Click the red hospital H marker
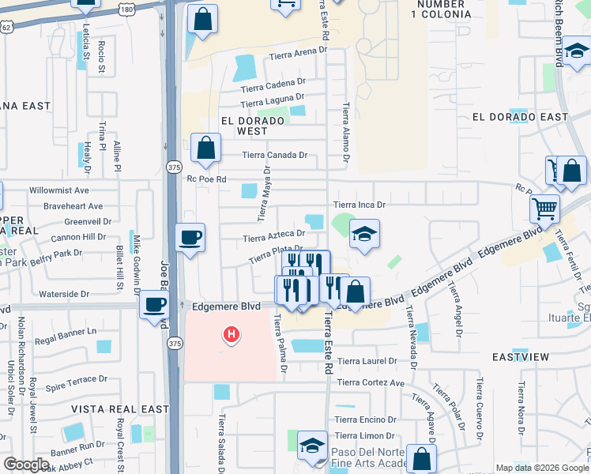coord(232,335)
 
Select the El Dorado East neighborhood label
coord(520,117)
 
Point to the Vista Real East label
coord(120,409)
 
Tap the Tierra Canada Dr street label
coord(274,155)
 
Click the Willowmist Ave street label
coord(59,191)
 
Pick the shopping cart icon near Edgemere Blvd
coord(544,209)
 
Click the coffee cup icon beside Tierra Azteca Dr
coord(190,237)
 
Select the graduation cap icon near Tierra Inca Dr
coord(363,234)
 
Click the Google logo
coord(26,465)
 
